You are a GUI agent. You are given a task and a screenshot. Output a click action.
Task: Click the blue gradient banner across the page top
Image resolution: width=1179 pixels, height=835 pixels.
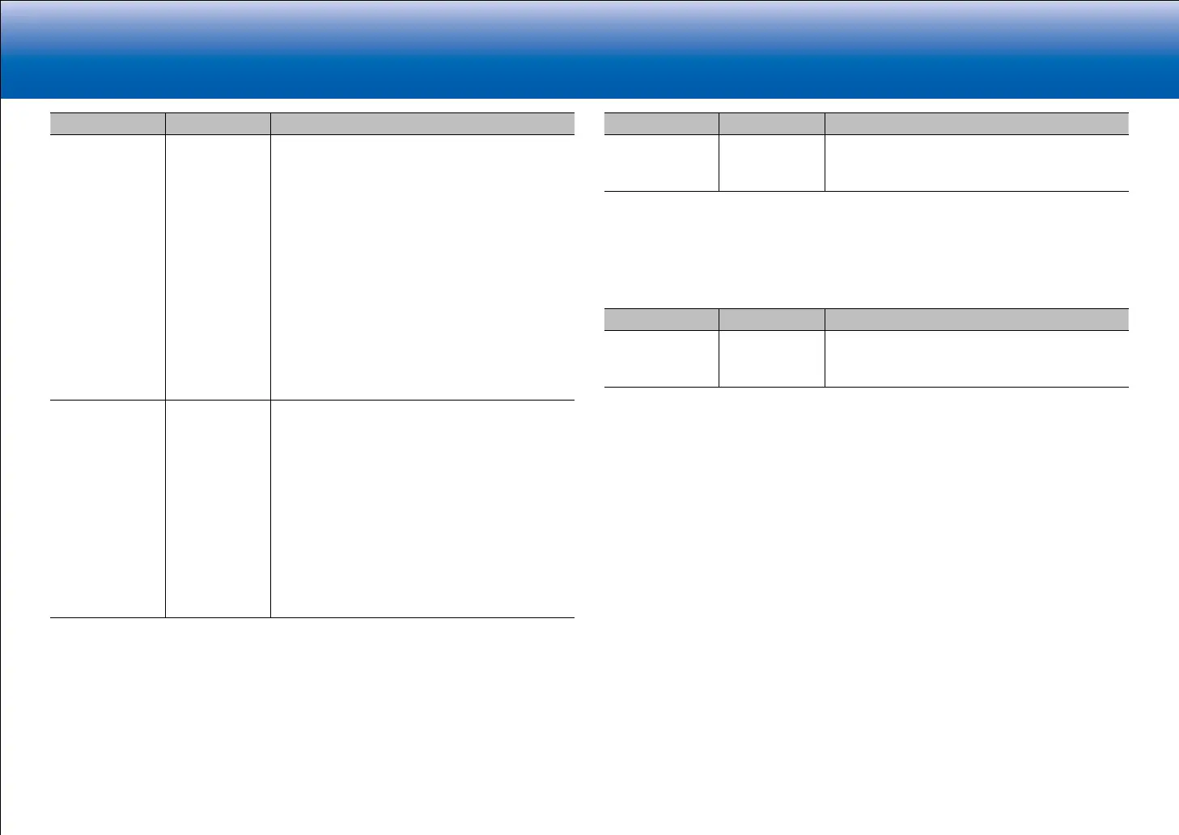(x=589, y=49)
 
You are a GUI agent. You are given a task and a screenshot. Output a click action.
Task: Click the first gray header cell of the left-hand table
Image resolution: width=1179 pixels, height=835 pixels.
(x=108, y=124)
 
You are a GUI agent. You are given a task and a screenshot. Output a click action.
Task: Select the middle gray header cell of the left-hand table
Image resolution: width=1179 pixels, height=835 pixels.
(x=218, y=124)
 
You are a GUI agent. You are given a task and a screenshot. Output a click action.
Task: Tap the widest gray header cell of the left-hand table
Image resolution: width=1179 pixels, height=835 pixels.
(x=422, y=124)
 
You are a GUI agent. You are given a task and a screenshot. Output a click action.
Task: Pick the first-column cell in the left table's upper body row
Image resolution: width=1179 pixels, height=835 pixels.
(x=108, y=267)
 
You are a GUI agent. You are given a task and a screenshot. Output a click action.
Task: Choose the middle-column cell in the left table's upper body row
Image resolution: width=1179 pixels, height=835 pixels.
(x=218, y=267)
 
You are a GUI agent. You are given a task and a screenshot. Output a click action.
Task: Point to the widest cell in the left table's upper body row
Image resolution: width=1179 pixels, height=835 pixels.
(x=422, y=267)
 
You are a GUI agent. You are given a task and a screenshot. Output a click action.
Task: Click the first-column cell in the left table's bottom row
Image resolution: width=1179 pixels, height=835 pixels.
(x=108, y=509)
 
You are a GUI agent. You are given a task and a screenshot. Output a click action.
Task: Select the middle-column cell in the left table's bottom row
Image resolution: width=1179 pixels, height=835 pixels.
(x=218, y=509)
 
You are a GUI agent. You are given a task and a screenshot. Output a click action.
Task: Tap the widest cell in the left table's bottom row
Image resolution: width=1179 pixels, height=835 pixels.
(x=422, y=509)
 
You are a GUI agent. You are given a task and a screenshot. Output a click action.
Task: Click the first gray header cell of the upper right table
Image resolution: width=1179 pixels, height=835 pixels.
(x=662, y=124)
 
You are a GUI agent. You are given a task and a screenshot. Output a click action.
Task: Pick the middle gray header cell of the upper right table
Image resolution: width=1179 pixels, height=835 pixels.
(x=772, y=124)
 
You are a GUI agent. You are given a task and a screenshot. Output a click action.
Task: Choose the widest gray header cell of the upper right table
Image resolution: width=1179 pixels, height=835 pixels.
(x=977, y=124)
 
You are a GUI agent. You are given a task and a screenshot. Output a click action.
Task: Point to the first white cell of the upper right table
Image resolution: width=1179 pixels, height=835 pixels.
(x=662, y=163)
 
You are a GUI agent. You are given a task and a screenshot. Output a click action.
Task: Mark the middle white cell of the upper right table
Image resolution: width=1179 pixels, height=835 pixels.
(x=772, y=163)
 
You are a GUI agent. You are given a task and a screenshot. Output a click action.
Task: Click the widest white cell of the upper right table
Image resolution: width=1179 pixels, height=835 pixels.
(x=977, y=163)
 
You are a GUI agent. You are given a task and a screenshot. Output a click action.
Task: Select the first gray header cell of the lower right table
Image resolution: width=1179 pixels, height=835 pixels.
(x=662, y=320)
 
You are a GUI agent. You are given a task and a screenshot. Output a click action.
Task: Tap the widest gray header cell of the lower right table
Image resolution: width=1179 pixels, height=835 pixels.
(x=977, y=320)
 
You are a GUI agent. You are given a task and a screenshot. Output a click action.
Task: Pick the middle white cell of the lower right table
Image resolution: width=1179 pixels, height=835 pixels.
(x=772, y=358)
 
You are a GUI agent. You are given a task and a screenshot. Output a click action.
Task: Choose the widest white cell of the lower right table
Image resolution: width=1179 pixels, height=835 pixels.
(x=977, y=358)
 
